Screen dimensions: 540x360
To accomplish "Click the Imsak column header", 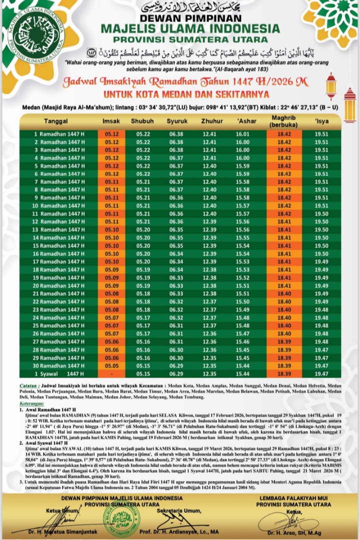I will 111,122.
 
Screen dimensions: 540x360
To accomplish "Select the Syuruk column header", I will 176,122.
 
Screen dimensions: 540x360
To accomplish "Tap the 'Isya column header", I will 321,122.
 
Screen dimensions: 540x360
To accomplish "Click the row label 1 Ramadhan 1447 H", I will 59,134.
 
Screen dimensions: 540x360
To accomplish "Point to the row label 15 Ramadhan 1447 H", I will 59,246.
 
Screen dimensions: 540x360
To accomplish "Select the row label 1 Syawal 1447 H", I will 59,374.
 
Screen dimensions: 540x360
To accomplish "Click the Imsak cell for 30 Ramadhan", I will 111,366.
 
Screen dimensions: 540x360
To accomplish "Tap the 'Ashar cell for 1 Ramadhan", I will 242,134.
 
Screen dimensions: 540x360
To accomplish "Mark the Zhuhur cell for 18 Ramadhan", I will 209,270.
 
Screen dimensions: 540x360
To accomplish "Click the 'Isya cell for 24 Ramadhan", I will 321,318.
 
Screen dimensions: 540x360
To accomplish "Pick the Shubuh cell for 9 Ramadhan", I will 143,198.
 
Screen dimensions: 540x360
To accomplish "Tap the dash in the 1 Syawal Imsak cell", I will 111,374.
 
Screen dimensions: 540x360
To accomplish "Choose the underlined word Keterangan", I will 29,402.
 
